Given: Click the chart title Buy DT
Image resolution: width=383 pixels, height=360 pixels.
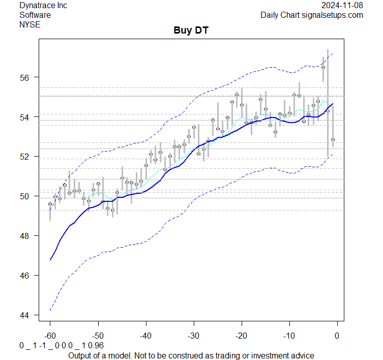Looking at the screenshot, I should pyautogui.click(x=191, y=31).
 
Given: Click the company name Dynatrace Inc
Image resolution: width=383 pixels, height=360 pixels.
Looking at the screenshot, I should pyautogui.click(x=43, y=6).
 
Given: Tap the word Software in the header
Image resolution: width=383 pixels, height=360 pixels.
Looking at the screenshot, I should pyautogui.click(x=35, y=15).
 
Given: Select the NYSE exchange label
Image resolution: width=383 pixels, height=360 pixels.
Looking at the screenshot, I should pyautogui.click(x=30, y=24).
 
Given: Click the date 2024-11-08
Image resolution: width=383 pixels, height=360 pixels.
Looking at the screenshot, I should pyautogui.click(x=343, y=6).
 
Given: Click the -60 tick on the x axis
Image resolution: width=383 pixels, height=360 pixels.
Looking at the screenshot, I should pyautogui.click(x=50, y=335).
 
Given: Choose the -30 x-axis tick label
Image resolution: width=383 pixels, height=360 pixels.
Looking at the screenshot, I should pyautogui.click(x=193, y=335).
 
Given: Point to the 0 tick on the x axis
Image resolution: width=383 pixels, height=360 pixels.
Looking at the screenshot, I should pyautogui.click(x=337, y=335).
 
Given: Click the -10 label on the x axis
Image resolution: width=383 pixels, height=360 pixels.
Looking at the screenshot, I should pyautogui.click(x=289, y=335).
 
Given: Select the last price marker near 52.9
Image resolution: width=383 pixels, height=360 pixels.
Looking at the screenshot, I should pyautogui.click(x=333, y=139).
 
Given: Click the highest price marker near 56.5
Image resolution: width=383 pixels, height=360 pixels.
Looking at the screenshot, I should pyautogui.click(x=323, y=67).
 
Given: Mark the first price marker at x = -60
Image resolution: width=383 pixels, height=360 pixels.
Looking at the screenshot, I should pyautogui.click(x=50, y=204).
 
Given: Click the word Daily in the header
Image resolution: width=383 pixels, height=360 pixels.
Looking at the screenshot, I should pyautogui.click(x=271, y=15).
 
